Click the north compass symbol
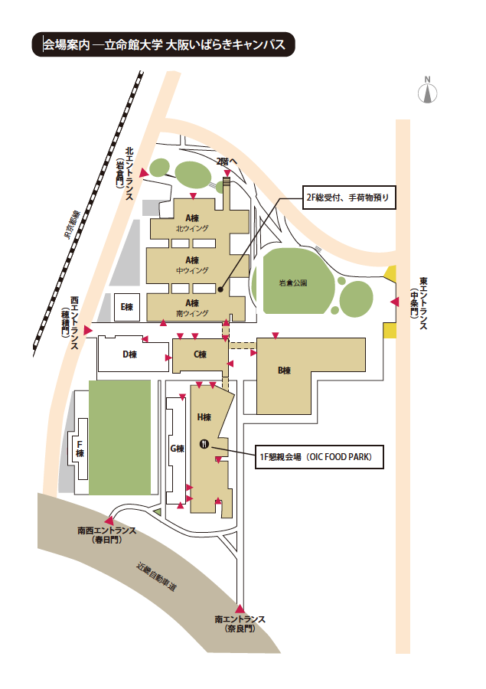click(x=427, y=90)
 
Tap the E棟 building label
click(x=127, y=307)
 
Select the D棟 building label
click(x=129, y=354)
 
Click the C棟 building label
click(x=200, y=354)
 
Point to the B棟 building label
click(x=284, y=371)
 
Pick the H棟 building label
click(x=204, y=417)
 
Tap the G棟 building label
click(x=177, y=449)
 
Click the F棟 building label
click(x=80, y=449)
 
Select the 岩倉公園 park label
click(x=293, y=283)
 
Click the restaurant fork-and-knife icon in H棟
click(x=204, y=443)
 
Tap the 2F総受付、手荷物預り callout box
click(x=349, y=198)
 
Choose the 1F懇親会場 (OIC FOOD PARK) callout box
click(x=319, y=457)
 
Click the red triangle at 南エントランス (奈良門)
click(x=240, y=609)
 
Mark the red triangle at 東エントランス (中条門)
click(x=395, y=302)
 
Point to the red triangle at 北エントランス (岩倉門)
click(x=144, y=173)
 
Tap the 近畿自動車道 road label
click(x=156, y=576)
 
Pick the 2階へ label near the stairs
click(x=227, y=162)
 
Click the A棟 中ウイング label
click(x=192, y=265)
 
